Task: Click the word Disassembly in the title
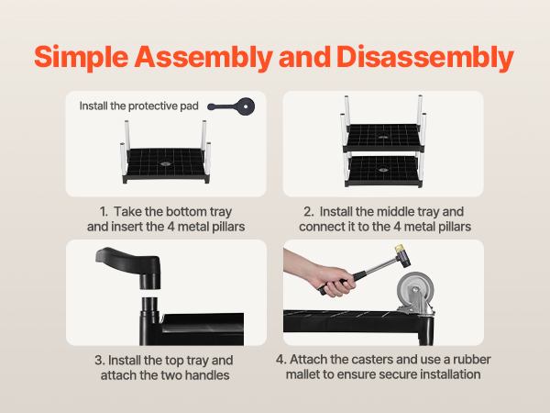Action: coord(425,57)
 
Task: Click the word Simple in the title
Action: coord(82,57)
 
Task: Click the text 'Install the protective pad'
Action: coord(139,106)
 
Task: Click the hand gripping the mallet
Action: coord(334,281)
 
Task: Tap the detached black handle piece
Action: coord(129,267)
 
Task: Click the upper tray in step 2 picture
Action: coord(383,137)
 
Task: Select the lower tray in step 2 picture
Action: coord(383,171)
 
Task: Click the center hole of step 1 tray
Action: coord(164,163)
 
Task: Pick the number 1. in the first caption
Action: coord(104,212)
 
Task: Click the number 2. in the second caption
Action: coord(309,212)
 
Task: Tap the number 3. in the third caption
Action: coord(100,361)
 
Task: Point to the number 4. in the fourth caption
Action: coord(281,359)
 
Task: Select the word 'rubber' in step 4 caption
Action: coord(472,359)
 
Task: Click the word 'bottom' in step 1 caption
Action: coord(186,212)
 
